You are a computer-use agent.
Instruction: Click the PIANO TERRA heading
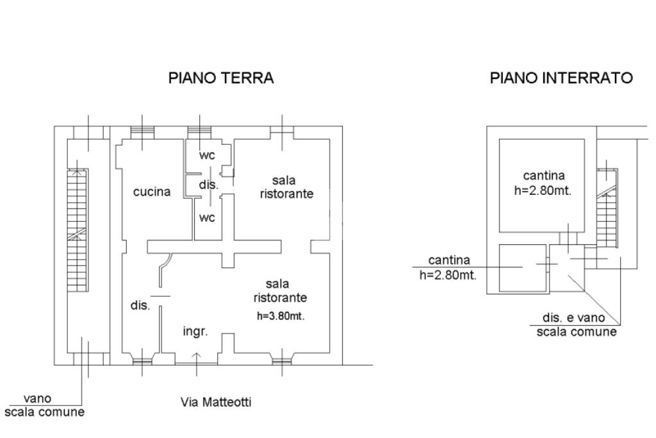[x=220, y=78]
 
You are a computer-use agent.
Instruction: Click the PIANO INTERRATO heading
[x=561, y=78]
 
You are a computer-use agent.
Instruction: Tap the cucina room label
[x=152, y=192]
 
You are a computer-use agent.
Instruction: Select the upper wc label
[x=207, y=155]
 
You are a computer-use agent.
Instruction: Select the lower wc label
[x=207, y=217]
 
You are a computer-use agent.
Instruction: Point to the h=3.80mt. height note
[x=280, y=316]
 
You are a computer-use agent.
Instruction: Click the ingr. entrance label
[x=195, y=332]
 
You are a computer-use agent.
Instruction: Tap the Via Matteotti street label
[x=216, y=403]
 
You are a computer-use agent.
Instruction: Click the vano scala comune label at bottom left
[x=44, y=406]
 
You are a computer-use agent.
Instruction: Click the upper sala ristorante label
[x=287, y=187]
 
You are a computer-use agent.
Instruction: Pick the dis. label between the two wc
[x=208, y=185]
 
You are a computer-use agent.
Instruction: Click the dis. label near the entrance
[x=140, y=305]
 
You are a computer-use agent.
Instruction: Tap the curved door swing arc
[x=167, y=264]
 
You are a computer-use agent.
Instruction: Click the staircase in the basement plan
[x=606, y=208]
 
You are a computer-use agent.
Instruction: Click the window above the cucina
[x=142, y=131]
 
